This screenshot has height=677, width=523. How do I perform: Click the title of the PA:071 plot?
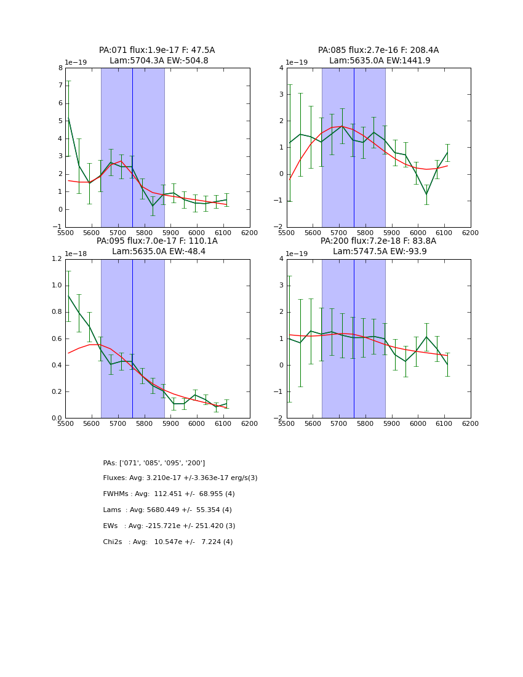coord(157,55)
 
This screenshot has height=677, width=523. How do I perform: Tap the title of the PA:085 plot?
coord(378,55)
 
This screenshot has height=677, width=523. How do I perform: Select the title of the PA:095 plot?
coord(157,246)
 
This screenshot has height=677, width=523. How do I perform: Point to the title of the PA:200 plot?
coord(378,246)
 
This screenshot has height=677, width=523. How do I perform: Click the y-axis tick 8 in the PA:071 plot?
coord(60,68)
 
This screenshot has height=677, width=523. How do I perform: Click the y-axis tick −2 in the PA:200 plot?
coord(279,418)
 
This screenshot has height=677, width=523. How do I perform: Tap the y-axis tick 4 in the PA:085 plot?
coord(281,68)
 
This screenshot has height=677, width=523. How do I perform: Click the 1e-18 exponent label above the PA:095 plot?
coord(76,253)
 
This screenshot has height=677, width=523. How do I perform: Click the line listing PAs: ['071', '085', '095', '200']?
coord(154,463)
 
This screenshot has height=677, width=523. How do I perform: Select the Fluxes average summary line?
coord(180,478)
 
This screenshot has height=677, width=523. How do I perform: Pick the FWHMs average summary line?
coord(169,494)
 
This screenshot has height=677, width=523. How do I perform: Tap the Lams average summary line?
coord(167,510)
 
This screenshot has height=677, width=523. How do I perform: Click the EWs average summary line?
coord(169,526)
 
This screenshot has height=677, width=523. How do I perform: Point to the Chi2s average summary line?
coord(168,542)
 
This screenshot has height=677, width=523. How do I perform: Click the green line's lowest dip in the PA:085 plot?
coord(426,194)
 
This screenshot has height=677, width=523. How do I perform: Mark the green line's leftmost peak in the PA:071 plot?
coord(68,117)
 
